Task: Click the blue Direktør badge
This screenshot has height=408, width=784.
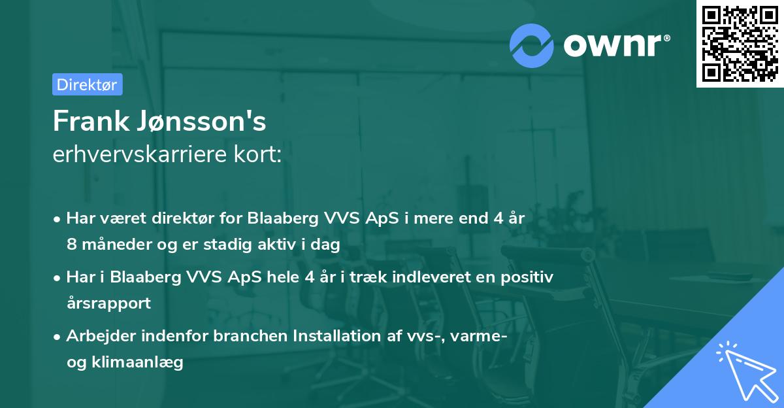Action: point(88,84)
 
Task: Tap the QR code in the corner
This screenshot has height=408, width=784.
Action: point(740,44)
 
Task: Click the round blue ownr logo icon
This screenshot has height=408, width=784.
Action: point(531,46)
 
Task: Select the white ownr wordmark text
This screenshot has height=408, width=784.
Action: point(613,45)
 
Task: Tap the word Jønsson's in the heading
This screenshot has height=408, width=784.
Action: point(201,121)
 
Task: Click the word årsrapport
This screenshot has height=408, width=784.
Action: point(109,303)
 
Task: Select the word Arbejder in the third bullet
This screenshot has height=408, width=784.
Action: point(101,336)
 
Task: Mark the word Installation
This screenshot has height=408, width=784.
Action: point(336,335)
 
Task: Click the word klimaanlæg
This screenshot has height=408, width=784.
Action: point(137,362)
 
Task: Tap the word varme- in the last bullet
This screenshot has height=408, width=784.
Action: point(479,336)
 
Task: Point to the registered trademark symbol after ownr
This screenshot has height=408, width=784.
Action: point(667,38)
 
